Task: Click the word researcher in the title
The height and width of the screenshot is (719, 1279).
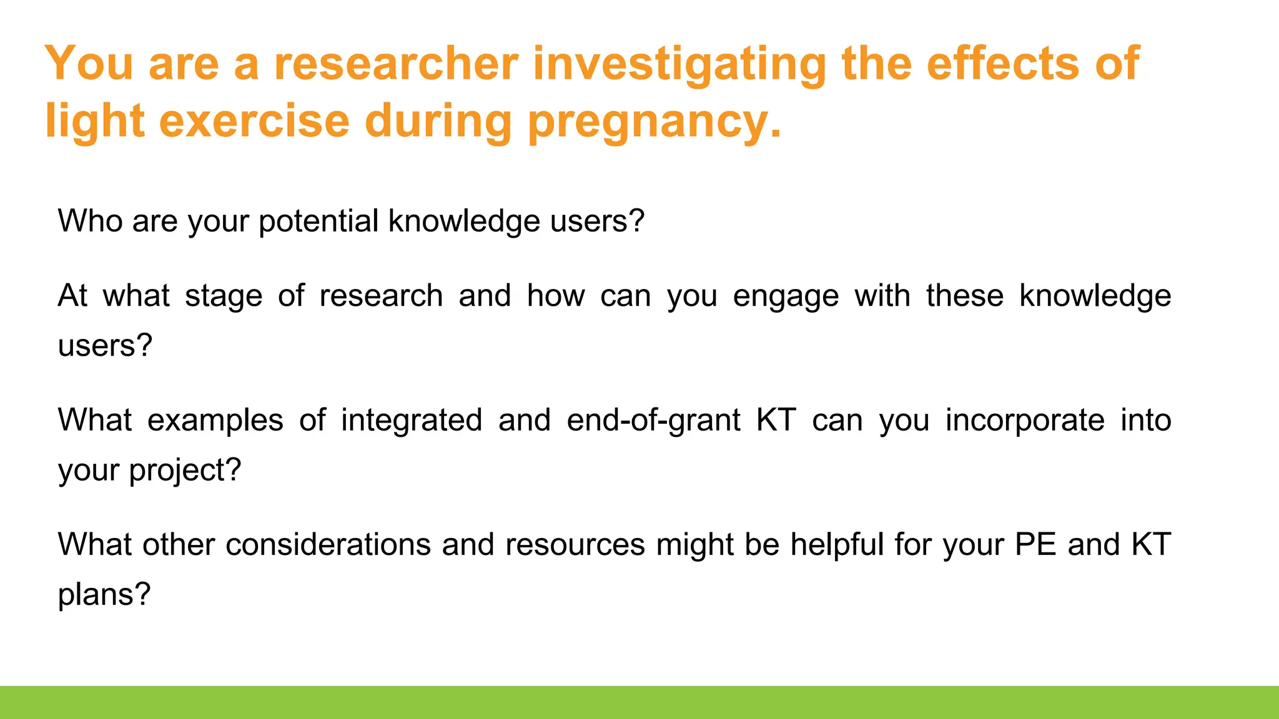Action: point(396,64)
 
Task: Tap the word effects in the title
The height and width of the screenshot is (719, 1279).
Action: point(1002,64)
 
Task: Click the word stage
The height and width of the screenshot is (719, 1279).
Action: point(224,296)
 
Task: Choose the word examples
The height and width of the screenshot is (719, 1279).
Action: point(215,420)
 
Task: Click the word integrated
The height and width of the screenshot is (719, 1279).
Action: point(412,420)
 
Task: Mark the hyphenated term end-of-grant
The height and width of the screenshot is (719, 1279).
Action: point(653,420)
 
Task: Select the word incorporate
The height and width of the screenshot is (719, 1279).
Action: point(1025,420)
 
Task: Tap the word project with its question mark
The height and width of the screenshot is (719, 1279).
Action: point(185,470)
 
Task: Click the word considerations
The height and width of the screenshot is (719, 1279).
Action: point(328,545)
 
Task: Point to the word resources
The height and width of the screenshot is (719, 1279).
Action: point(575,545)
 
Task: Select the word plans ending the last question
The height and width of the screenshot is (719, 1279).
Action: point(104,594)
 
